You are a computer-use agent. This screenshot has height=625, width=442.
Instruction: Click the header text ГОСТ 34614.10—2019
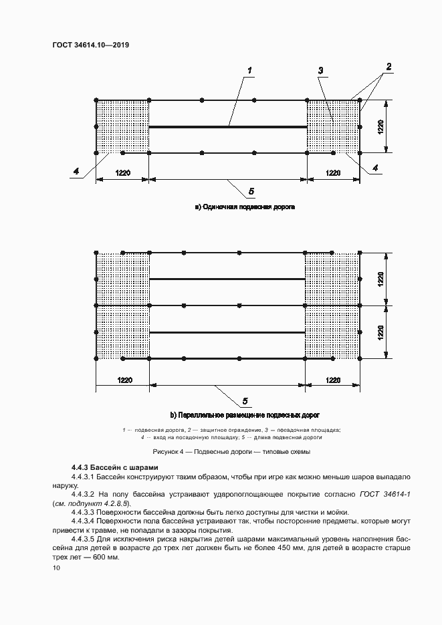(90, 45)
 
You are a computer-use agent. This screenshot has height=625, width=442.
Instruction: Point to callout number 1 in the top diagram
(249, 70)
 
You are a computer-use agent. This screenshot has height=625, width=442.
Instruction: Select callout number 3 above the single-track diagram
(322, 70)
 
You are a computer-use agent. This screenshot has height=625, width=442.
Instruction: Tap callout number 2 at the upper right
(388, 66)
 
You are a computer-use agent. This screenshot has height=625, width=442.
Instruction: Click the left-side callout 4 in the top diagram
(77, 172)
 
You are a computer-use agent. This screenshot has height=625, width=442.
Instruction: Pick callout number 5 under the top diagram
(251, 192)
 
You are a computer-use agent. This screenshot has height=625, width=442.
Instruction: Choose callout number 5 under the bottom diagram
(245, 400)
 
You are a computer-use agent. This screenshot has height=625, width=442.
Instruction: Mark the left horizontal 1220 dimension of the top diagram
(122, 173)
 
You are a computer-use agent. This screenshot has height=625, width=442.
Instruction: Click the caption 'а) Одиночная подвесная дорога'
(245, 207)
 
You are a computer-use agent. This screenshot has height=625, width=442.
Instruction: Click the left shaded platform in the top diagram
(122, 127)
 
